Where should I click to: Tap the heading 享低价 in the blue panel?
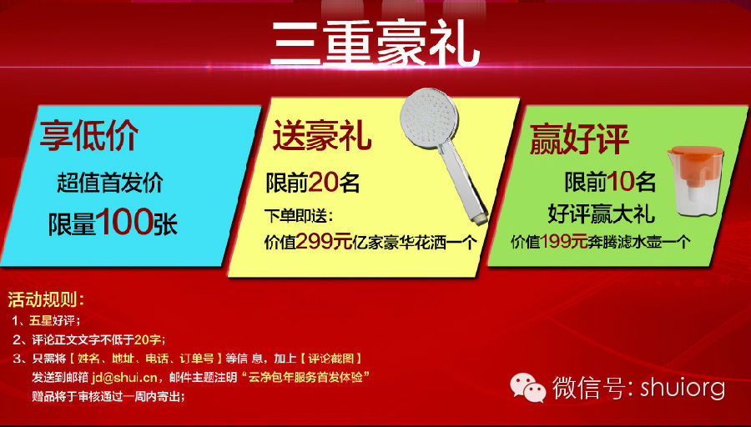coord(89,136)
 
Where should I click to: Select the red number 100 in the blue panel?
coord(124,222)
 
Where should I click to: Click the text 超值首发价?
coord(110,183)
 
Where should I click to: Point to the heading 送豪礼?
coord(322,136)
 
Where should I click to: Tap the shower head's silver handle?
coord(463,182)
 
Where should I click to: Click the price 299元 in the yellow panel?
coord(324,242)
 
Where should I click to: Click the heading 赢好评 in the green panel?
coord(578,138)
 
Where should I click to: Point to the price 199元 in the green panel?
coord(563,241)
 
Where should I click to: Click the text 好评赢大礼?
coord(601,213)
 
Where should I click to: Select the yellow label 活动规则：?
coord(47,299)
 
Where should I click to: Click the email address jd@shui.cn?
coord(124,377)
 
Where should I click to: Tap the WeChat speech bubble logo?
coord(527,387)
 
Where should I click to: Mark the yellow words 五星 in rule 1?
coord(40,320)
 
